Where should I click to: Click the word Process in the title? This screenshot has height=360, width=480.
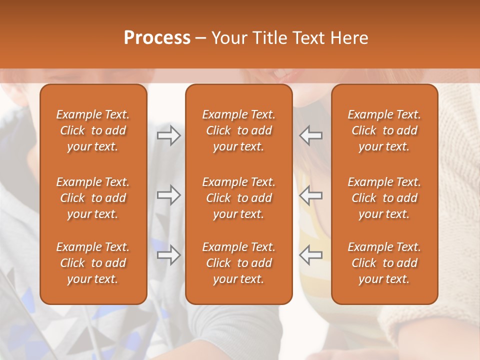pyautogui.click(x=157, y=38)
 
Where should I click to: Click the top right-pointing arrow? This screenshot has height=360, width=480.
pyautogui.click(x=168, y=135)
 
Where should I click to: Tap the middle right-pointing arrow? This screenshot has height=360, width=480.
pyautogui.click(x=168, y=195)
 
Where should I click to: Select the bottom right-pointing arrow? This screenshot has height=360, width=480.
pyautogui.click(x=168, y=255)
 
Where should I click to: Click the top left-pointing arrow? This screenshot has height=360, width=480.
pyautogui.click(x=311, y=135)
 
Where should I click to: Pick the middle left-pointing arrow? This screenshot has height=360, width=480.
pyautogui.click(x=311, y=195)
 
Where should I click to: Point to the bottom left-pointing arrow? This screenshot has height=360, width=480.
pyautogui.click(x=311, y=255)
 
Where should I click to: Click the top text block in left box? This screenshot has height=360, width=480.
pyautogui.click(x=93, y=130)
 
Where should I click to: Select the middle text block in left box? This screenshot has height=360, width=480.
pyautogui.click(x=93, y=198)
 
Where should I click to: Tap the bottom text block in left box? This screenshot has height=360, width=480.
pyautogui.click(x=93, y=263)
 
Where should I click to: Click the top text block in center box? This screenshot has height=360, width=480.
pyautogui.click(x=238, y=130)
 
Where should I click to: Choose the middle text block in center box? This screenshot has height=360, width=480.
pyautogui.click(x=238, y=198)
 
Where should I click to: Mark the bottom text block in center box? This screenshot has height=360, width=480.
pyautogui.click(x=238, y=263)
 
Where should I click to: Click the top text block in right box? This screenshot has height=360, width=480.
pyautogui.click(x=384, y=130)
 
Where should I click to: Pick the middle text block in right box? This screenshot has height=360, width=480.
pyautogui.click(x=384, y=198)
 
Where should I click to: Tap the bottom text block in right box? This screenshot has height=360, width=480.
pyautogui.click(x=384, y=263)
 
